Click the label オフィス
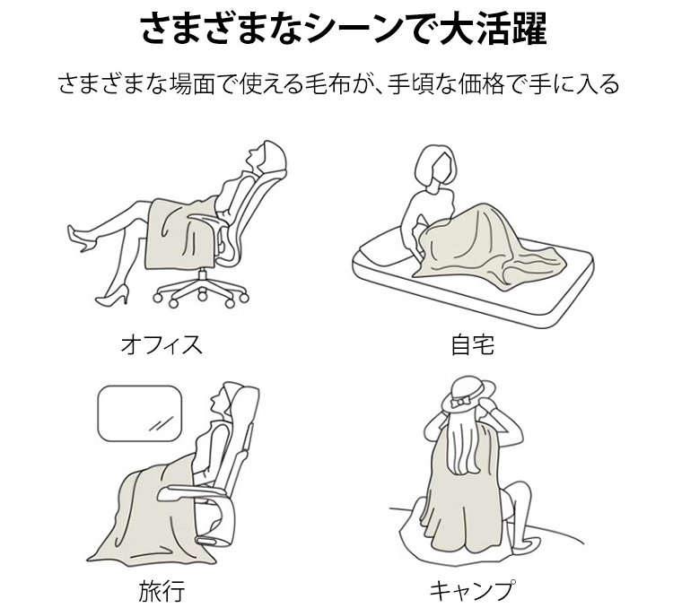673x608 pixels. [162, 345]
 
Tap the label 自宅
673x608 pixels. [473, 345]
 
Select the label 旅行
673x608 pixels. [162, 590]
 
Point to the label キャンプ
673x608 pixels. [472, 590]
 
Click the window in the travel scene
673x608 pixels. [140, 413]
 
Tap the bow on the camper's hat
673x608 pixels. [462, 402]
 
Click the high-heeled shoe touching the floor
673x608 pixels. [112, 296]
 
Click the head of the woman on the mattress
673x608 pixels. [437, 164]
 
